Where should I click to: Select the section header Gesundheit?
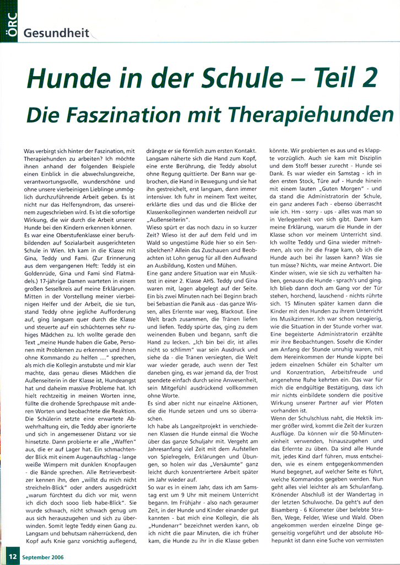pos(57,33)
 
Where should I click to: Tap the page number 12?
pos(12,557)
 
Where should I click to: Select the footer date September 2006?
pos(43,557)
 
